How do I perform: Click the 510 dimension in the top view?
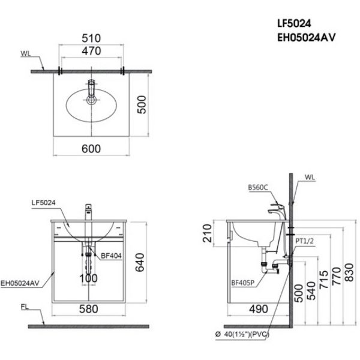[x=92, y=37]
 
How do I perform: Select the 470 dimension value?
[x=92, y=52]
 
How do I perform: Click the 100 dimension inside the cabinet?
[x=89, y=278]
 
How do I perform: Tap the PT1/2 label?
[x=306, y=241]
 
